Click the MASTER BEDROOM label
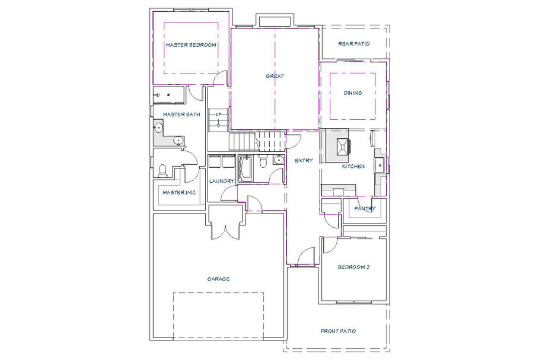(191, 44)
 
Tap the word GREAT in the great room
(275, 76)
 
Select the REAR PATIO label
(354, 44)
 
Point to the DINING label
(353, 93)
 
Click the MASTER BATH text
(181, 114)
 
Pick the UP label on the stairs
(218, 114)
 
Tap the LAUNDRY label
(222, 181)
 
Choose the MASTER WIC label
(179, 193)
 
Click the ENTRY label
(304, 160)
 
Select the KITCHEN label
(353, 167)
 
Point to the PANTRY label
(365, 208)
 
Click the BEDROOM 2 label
(354, 267)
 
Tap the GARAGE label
(219, 279)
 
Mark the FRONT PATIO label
(338, 331)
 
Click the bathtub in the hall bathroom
(245, 168)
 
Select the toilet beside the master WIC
(162, 171)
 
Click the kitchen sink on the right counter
(379, 165)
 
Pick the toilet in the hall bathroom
(263, 161)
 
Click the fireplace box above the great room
(275, 21)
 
